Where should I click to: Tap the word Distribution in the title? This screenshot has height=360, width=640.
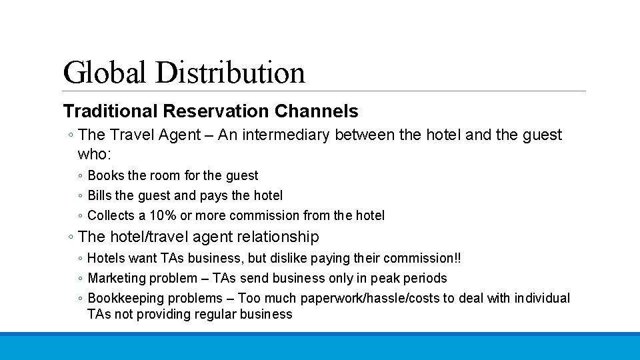tap(230, 72)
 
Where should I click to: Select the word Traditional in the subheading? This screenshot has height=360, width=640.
tap(109, 111)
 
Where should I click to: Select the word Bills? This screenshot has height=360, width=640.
tap(100, 195)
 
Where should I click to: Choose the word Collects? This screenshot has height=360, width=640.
tap(111, 215)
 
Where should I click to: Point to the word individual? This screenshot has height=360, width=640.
tap(539, 298)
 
